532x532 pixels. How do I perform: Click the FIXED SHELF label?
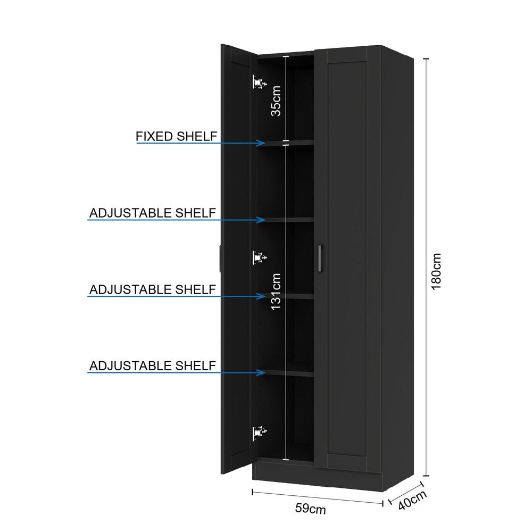click(177, 136)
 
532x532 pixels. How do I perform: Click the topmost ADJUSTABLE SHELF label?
click(153, 213)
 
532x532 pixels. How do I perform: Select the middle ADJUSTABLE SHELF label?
click(153, 289)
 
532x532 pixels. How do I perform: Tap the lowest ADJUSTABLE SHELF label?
click(153, 366)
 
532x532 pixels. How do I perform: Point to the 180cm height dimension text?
click(436, 271)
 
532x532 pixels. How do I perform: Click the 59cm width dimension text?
click(311, 508)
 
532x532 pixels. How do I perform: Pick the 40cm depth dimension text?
click(412, 500)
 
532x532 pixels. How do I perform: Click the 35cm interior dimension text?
click(276, 101)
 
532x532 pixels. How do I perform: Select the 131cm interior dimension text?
click(276, 292)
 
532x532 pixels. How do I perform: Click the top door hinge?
click(260, 82)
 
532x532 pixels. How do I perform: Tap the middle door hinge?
click(260, 258)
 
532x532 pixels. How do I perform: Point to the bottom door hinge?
click(260, 433)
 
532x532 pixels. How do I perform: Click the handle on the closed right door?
click(320, 258)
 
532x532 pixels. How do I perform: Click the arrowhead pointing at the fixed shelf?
click(261, 143)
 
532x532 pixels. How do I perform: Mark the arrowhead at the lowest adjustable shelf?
click(261, 372)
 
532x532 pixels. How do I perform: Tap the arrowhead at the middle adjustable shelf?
click(261, 296)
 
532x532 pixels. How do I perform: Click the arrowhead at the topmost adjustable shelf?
click(261, 220)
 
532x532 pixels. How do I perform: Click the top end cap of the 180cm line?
click(427, 59)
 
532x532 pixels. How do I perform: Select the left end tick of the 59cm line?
click(252, 492)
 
